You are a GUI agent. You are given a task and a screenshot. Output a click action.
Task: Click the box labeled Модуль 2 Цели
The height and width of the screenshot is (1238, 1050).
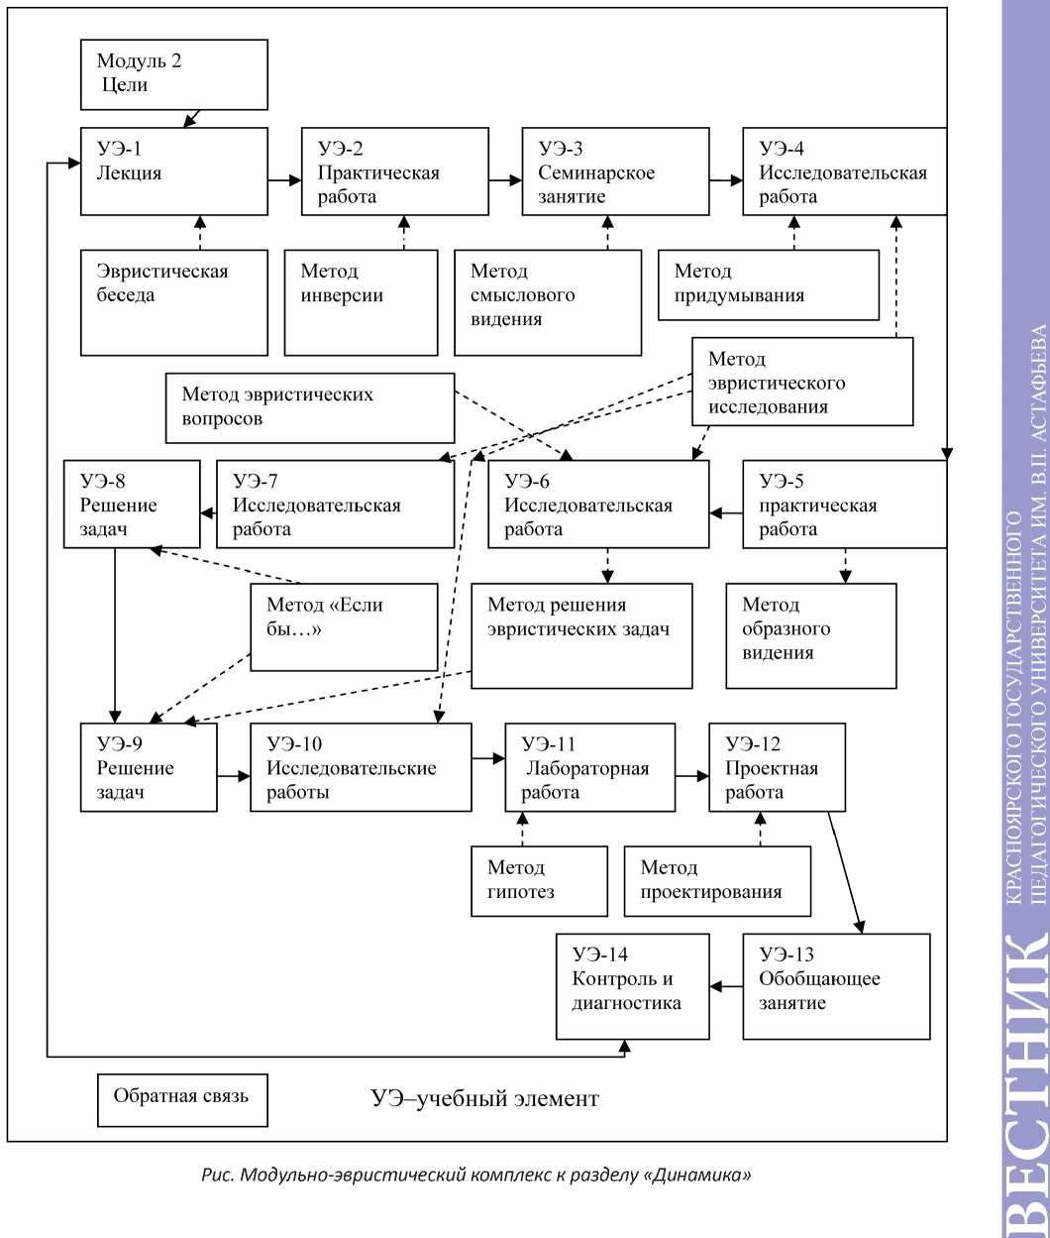173,74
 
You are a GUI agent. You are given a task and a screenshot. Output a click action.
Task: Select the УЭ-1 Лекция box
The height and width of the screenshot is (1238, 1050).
173,171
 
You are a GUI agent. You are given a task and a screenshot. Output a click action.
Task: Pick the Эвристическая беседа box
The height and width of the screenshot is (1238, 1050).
173,302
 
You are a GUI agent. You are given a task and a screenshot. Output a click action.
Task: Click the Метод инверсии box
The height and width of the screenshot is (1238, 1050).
361,302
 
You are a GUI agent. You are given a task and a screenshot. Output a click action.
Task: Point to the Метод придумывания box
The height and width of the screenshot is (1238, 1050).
769,284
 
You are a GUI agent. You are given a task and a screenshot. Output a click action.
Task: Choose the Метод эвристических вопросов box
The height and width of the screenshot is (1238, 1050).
295,407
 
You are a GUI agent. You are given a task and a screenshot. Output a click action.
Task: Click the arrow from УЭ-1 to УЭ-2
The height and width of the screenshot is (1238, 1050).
285,180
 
